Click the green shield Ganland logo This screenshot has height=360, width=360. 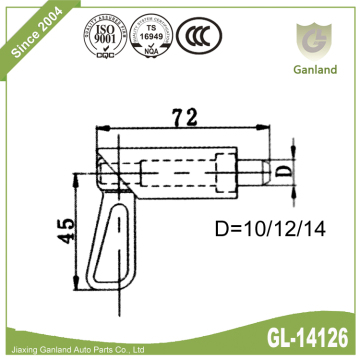coord(306,41)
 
